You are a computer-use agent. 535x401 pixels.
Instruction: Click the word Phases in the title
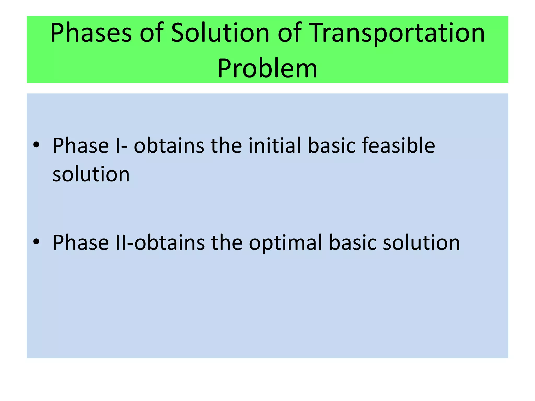(91, 33)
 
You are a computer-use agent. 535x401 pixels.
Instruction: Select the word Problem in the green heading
(267, 68)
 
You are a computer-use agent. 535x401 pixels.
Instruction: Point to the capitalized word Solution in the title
(220, 33)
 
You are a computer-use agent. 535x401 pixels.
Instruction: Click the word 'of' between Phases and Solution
(152, 33)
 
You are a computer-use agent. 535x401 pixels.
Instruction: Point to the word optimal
(286, 243)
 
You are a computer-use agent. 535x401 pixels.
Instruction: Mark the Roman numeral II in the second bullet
(121, 243)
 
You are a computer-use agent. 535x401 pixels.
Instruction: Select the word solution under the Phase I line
(91, 174)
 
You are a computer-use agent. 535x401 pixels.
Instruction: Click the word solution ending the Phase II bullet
(421, 243)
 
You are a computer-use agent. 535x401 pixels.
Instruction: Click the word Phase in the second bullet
(81, 243)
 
